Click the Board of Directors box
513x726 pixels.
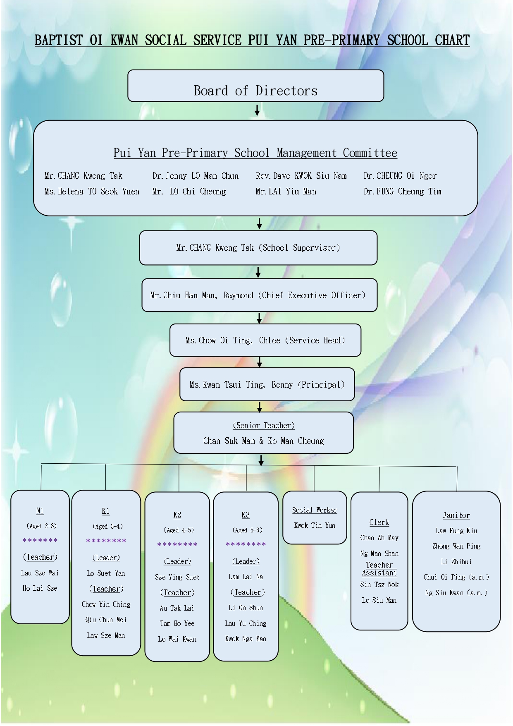click(x=256, y=86)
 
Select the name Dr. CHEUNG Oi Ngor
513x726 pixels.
click(x=400, y=176)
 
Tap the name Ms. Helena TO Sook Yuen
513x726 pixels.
click(x=92, y=192)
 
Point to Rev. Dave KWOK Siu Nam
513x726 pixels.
click(x=301, y=176)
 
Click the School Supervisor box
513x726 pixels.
click(x=258, y=248)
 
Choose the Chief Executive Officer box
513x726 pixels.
click(x=260, y=295)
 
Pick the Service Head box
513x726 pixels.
click(x=265, y=340)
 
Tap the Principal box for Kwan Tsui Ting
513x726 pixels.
click(x=267, y=384)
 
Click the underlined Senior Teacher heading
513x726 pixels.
click(x=264, y=426)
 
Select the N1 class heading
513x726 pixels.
click(x=40, y=511)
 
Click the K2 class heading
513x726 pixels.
click(x=177, y=515)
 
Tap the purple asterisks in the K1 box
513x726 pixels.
click(x=106, y=541)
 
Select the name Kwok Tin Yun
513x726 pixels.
click(x=315, y=525)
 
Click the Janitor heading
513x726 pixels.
click(x=456, y=515)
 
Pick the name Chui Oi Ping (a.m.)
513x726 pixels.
click(x=456, y=577)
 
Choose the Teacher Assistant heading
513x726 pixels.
click(x=379, y=569)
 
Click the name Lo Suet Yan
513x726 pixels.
click(x=106, y=573)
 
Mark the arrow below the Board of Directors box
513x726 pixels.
click(x=257, y=110)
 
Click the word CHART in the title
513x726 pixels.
click(x=452, y=40)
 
